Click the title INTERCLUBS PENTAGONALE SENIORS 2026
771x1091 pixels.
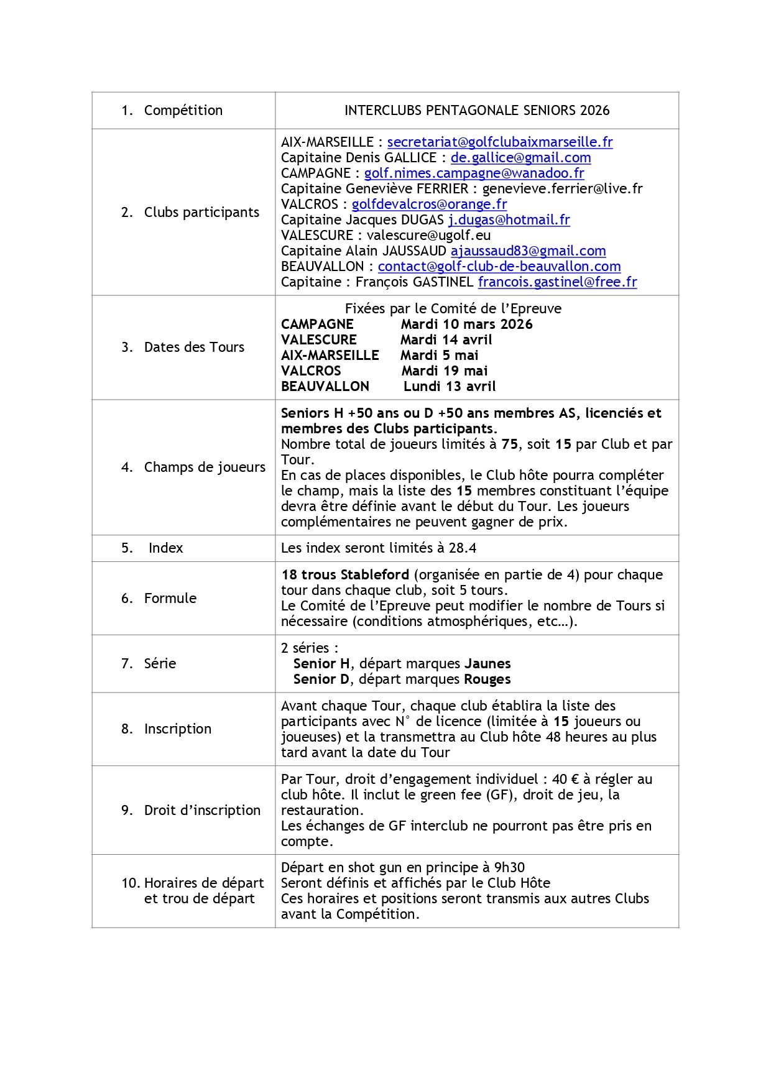click(477, 111)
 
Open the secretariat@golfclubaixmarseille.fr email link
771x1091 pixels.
click(500, 142)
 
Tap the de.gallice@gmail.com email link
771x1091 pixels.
click(520, 158)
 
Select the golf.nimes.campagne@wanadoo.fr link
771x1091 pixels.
click(474, 173)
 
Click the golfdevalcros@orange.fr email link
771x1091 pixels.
click(429, 205)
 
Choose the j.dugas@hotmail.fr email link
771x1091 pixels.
click(509, 220)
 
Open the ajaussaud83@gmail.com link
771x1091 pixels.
click(528, 251)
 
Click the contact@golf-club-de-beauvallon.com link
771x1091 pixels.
click(499, 267)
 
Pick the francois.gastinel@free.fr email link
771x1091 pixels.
click(557, 282)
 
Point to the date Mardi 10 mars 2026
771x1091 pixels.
click(466, 325)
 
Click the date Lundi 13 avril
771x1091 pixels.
click(450, 387)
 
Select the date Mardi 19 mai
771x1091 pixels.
click(444, 371)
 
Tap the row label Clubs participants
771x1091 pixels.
click(201, 213)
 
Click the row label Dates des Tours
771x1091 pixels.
click(194, 348)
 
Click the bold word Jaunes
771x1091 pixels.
click(487, 664)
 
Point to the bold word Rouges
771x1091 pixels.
click(487, 679)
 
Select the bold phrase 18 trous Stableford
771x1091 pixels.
click(345, 575)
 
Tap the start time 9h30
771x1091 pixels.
click(509, 868)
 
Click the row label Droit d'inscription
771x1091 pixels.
click(202, 811)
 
